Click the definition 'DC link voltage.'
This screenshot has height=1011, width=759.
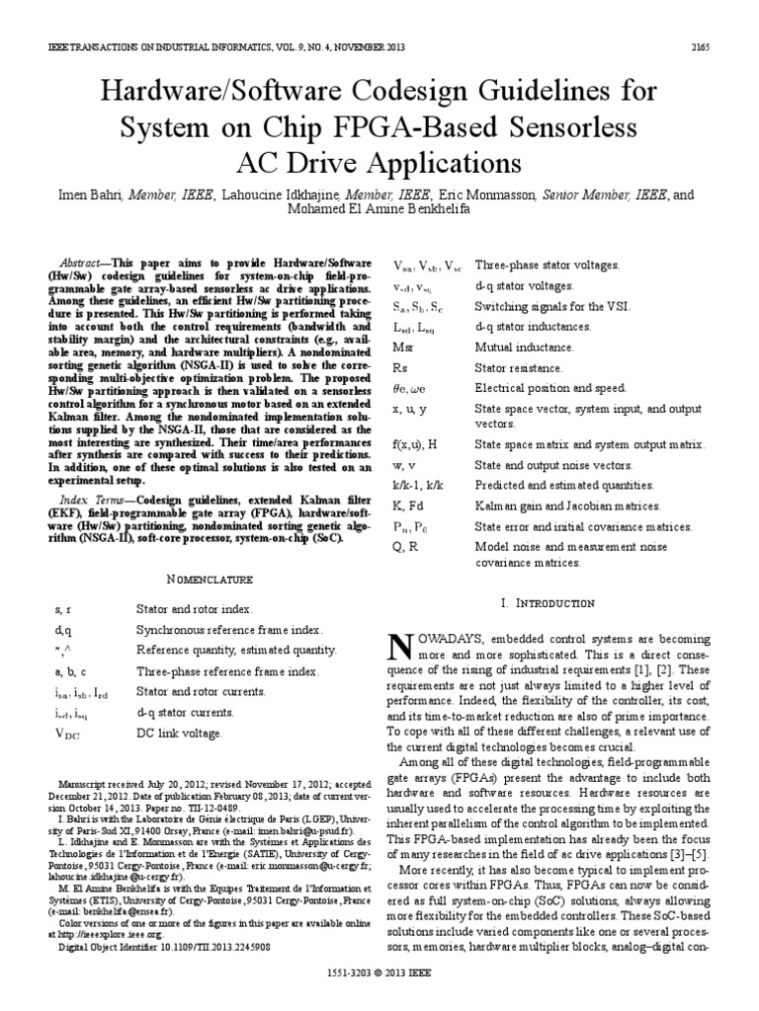[x=180, y=734]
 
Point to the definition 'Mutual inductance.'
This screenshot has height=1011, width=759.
[x=524, y=348]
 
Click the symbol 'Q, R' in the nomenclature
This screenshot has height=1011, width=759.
[x=407, y=548]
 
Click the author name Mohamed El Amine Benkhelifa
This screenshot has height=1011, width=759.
[x=379, y=209]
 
